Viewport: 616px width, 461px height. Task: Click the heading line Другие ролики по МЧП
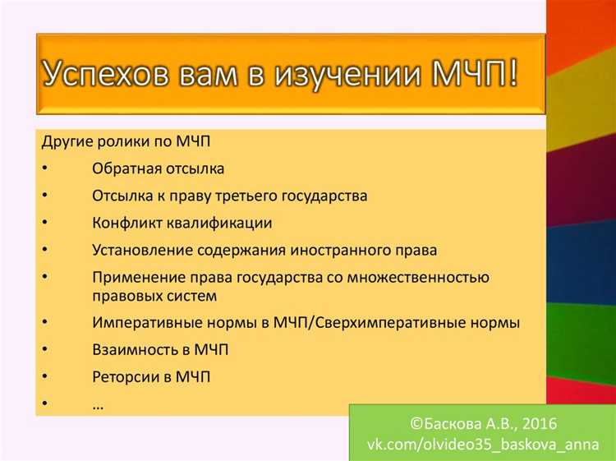125,141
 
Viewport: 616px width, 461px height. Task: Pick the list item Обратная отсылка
159,168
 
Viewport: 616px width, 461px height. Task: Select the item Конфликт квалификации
182,223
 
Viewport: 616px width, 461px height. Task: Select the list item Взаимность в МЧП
160,350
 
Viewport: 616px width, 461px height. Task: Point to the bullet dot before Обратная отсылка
44,168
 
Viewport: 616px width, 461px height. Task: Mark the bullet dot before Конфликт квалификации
44,223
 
